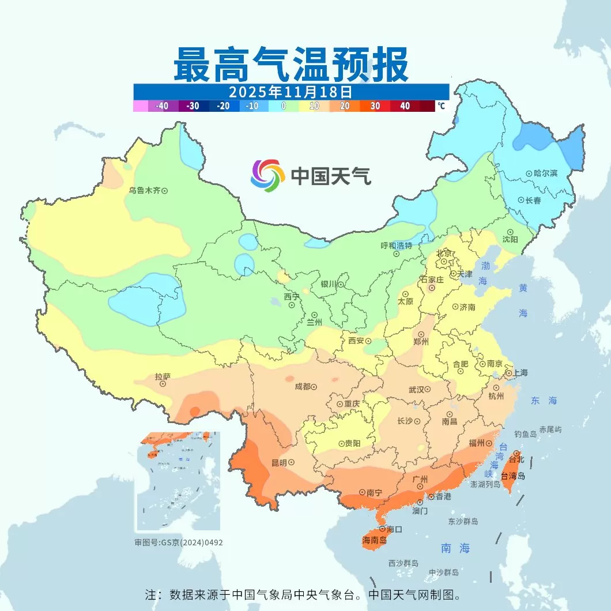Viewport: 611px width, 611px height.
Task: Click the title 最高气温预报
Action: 291,65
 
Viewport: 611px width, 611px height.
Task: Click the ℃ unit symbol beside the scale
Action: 441,106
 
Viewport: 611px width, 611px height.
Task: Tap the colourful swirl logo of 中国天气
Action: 268,176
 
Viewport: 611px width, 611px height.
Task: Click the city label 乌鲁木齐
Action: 144,190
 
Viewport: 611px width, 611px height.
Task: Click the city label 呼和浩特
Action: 397,245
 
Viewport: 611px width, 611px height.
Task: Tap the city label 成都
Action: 302,386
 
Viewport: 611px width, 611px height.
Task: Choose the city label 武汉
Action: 416,390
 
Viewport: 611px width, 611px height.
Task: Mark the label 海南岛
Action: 374,540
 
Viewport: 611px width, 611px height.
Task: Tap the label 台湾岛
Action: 512,476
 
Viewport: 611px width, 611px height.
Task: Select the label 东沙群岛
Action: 463,521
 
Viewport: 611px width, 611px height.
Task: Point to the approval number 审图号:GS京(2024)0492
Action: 179,542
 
